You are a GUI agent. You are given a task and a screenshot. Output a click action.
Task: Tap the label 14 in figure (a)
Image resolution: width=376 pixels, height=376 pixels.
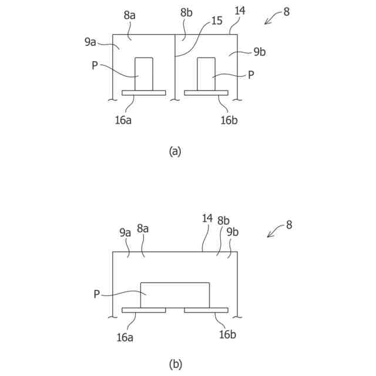click(240, 11)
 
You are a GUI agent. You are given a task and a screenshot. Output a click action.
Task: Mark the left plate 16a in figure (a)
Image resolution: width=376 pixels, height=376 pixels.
click(144, 93)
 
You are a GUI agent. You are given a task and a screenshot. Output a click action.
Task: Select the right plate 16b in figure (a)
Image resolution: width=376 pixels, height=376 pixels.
click(206, 93)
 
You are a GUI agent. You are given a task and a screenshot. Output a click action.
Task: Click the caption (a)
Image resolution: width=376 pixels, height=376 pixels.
click(175, 151)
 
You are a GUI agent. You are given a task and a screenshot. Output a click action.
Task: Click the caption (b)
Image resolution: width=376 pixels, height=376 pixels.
click(175, 364)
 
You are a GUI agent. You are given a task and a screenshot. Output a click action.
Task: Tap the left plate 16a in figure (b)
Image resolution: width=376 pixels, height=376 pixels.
click(144, 310)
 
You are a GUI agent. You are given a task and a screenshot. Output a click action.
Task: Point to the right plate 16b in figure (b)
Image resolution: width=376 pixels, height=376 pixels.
click(206, 310)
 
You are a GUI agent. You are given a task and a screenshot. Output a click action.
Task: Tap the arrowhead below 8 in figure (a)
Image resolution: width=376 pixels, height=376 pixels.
click(267, 22)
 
